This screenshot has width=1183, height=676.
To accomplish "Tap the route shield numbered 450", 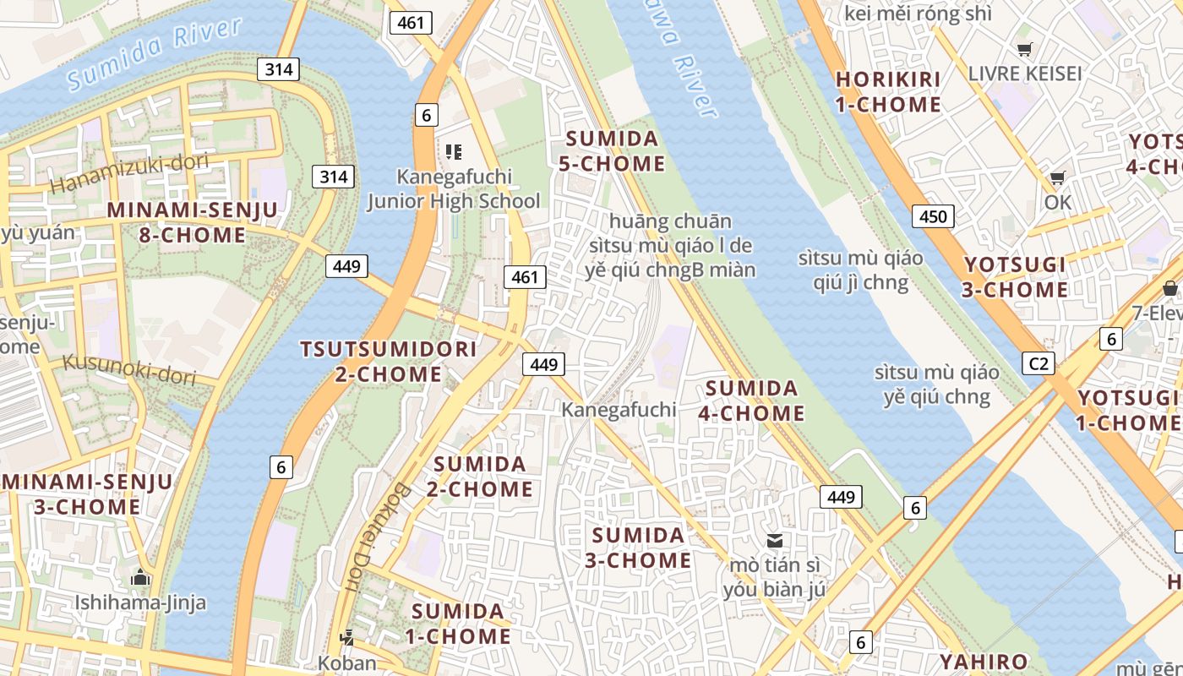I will coord(933,216).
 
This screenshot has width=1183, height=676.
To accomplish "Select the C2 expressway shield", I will coord(1039,363).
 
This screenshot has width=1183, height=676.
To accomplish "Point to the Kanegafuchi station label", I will coord(619,410).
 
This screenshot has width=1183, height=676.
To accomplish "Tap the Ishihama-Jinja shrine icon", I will coord(140,578).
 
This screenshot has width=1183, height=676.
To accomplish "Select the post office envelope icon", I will coord(774,540).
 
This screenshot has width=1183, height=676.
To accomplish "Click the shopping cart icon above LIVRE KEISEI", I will coord(1024,49).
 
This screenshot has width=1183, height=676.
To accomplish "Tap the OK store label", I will coord(1057,202).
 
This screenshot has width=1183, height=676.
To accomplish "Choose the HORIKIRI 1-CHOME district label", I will coord(888,92).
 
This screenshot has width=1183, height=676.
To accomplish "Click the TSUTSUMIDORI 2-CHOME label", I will coord(389,361).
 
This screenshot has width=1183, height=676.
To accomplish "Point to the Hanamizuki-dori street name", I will coord(129,172).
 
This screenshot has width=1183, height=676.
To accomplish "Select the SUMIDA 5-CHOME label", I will coord(612,150).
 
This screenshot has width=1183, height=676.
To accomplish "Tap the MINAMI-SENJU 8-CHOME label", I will coord(193,222).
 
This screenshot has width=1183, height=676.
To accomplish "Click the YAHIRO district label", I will coord(984,662).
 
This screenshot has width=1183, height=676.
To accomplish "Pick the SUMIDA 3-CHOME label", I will coord(639,548).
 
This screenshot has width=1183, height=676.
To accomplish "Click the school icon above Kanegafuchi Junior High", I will coord(454,152).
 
